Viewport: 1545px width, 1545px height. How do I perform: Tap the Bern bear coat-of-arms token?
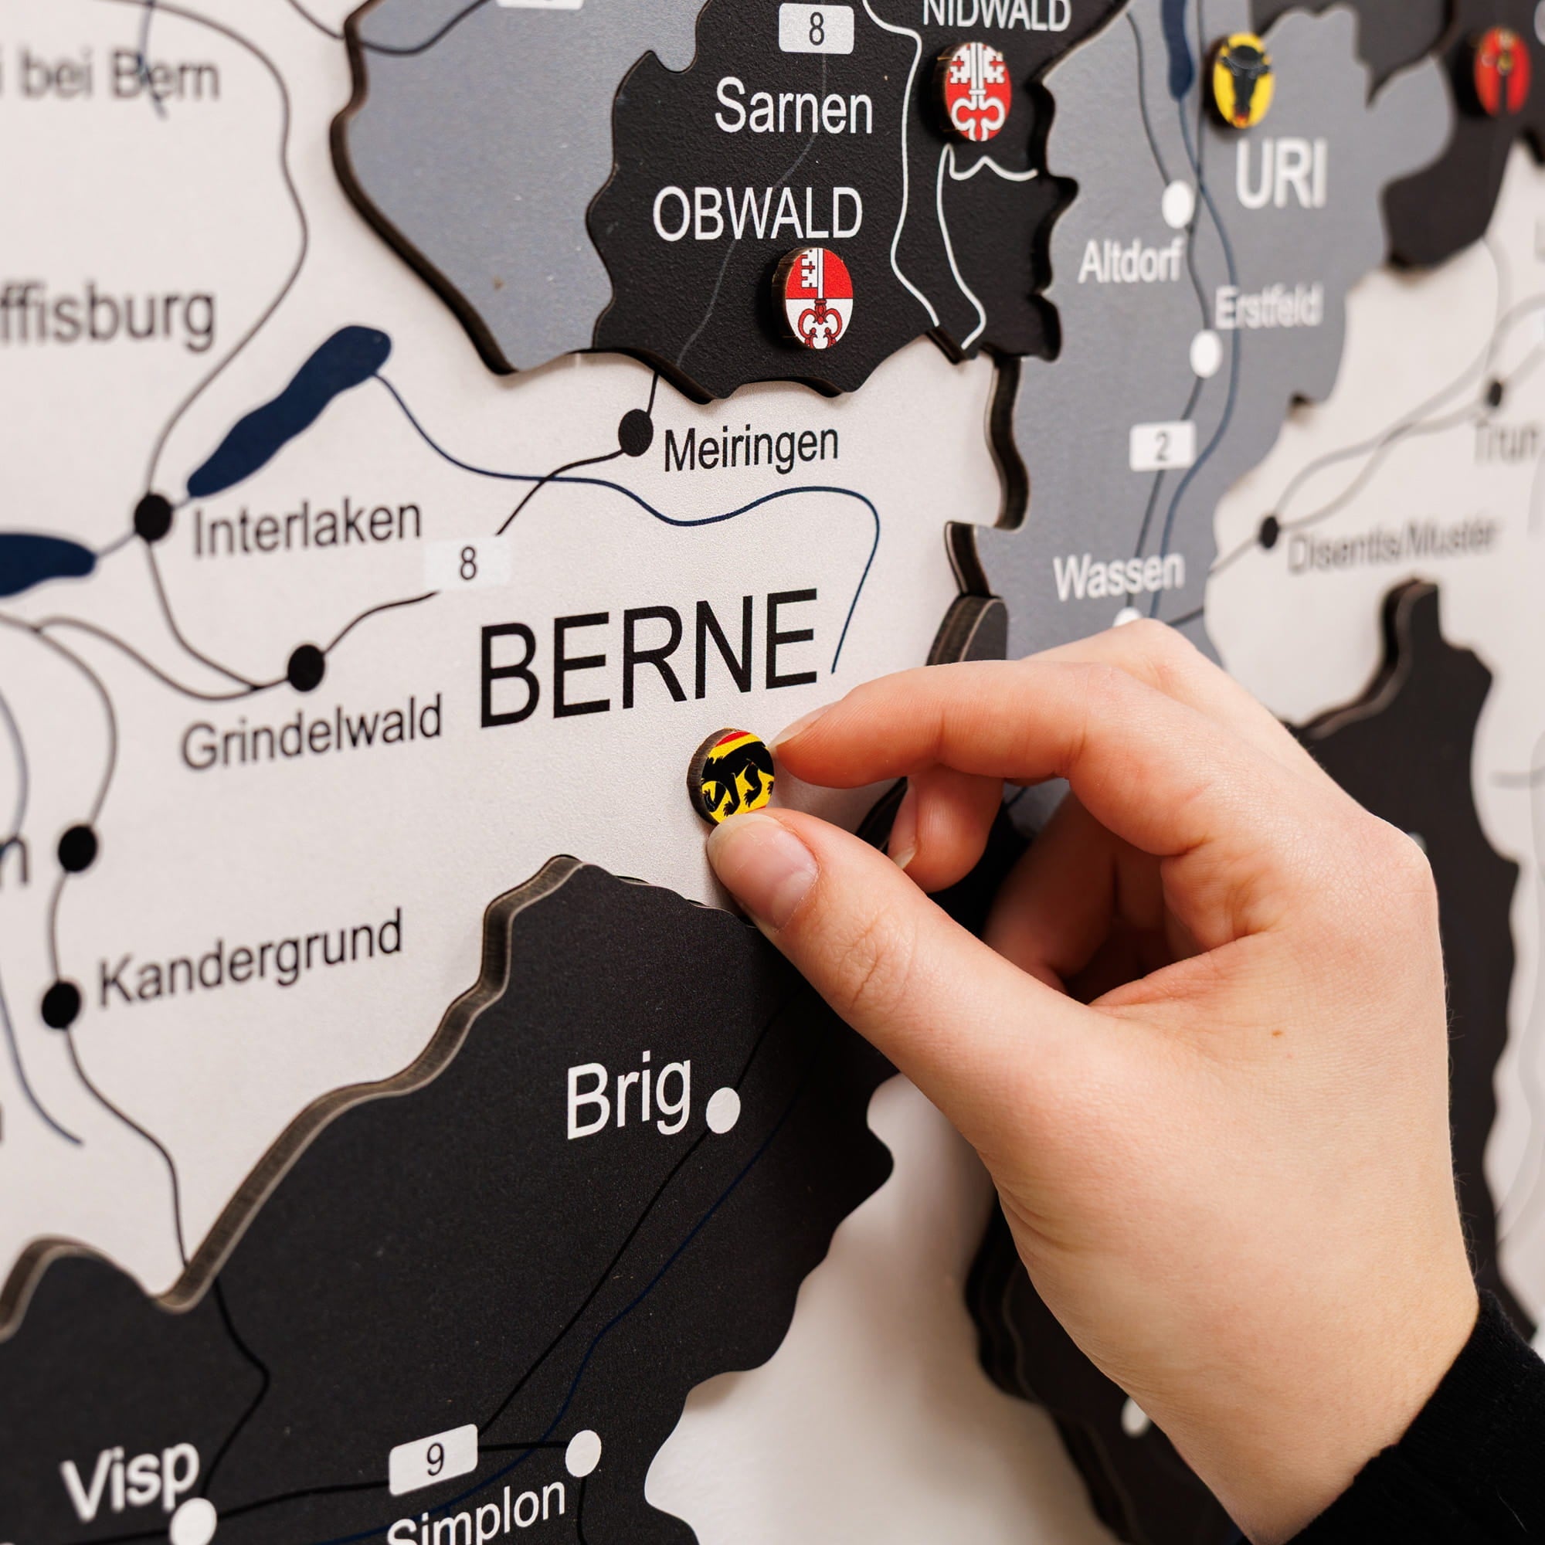732,775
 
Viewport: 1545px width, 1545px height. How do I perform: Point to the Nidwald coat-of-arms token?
976,90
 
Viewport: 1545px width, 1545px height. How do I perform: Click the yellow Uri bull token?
1241,80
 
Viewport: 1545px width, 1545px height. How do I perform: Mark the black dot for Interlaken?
153,516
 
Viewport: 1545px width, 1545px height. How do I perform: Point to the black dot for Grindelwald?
305,666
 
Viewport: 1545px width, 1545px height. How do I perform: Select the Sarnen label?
793,107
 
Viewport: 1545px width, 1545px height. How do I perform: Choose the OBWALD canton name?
757,213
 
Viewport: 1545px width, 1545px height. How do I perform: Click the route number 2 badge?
1162,446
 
